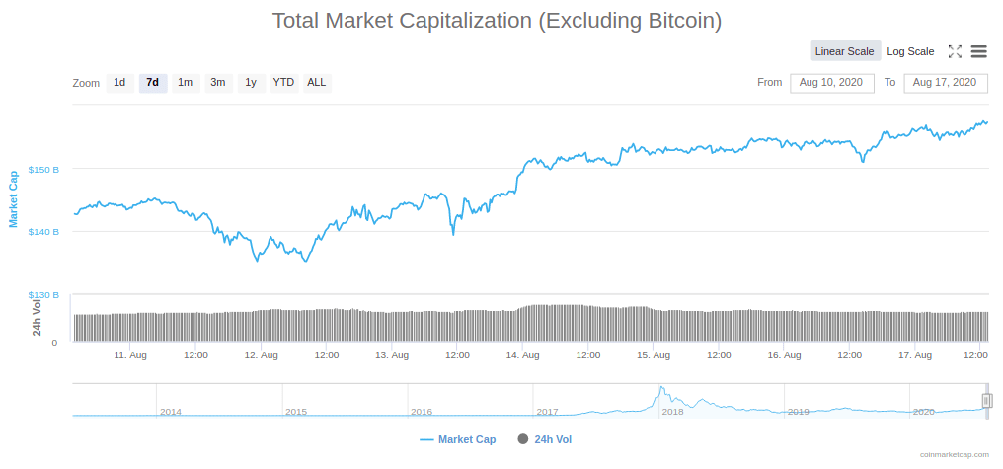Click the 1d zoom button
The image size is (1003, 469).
pyautogui.click(x=119, y=83)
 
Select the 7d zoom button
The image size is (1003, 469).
pyautogui.click(x=152, y=83)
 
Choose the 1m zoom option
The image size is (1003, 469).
pyautogui.click(x=185, y=83)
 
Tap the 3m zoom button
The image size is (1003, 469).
pyautogui.click(x=218, y=83)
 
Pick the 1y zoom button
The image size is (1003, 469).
pyautogui.click(x=251, y=83)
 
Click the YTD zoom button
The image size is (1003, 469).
pyautogui.click(x=283, y=83)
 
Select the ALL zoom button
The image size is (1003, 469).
pyautogui.click(x=316, y=83)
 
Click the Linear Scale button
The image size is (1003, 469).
pyautogui.click(x=844, y=51)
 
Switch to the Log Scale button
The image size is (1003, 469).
pyautogui.click(x=910, y=51)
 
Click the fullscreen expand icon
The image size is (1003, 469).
pyautogui.click(x=955, y=51)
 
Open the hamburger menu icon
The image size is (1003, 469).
pyautogui.click(x=979, y=51)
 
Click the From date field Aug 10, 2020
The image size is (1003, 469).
pyautogui.click(x=832, y=83)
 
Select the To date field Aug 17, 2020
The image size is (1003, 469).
pyautogui.click(x=945, y=83)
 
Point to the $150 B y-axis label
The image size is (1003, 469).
pyautogui.click(x=43, y=170)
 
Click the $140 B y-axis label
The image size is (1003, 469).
pyautogui.click(x=43, y=232)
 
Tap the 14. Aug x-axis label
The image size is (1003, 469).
pyautogui.click(x=522, y=355)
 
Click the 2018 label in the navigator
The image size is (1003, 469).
pyautogui.click(x=673, y=411)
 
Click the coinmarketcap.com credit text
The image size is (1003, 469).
pyautogui.click(x=954, y=455)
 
